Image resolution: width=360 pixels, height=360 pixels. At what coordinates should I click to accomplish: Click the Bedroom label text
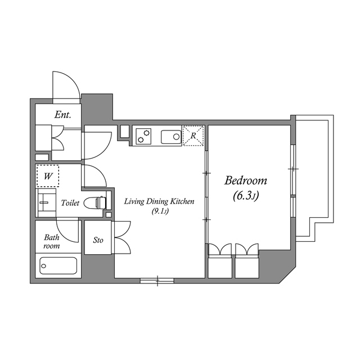pyautogui.click(x=246, y=181)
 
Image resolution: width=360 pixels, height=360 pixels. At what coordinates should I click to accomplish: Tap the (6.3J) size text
pyautogui.click(x=246, y=196)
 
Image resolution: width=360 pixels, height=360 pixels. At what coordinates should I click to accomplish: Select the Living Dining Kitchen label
pyautogui.click(x=159, y=201)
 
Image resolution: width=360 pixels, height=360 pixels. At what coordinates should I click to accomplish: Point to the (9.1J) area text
pyautogui.click(x=160, y=211)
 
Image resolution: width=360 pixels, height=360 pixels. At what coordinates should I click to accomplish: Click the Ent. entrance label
pyautogui.click(x=62, y=115)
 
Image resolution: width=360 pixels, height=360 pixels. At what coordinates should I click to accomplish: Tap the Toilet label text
pyautogui.click(x=70, y=203)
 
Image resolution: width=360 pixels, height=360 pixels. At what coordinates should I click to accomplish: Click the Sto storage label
pyautogui.click(x=98, y=240)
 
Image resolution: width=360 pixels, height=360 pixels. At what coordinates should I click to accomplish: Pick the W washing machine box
pyautogui.click(x=48, y=176)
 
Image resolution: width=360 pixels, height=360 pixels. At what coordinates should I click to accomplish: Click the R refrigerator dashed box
pyautogui.click(x=192, y=136)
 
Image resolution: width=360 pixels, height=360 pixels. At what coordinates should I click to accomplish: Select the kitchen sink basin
pyautogui.click(x=171, y=136)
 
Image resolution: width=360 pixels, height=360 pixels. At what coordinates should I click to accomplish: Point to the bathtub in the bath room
pyautogui.click(x=58, y=265)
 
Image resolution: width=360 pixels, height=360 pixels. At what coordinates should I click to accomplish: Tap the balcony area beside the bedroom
pyautogui.click(x=313, y=174)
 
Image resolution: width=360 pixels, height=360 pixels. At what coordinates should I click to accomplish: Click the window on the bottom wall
pyautogui.click(x=157, y=280)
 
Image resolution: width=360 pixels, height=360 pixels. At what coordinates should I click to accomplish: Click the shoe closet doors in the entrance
pyautogui.click(x=57, y=136)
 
